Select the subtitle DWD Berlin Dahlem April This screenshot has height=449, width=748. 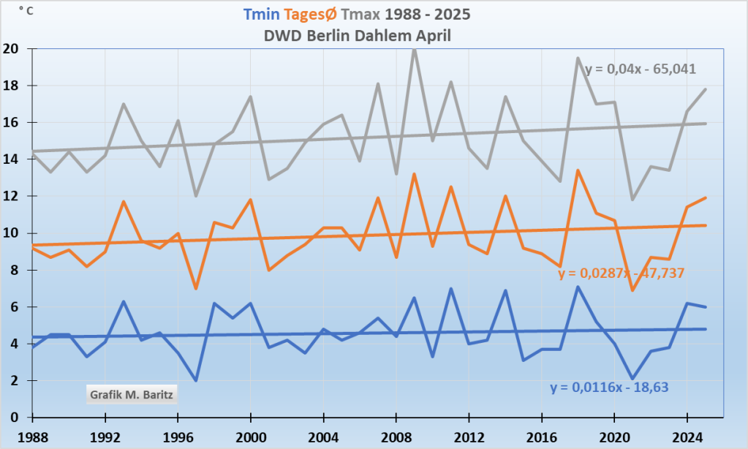click(358, 35)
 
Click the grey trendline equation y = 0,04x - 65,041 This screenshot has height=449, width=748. click(640, 69)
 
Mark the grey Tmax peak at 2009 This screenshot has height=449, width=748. click(414, 49)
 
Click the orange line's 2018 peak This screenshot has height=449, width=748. click(578, 170)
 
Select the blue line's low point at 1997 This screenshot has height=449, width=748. click(196, 380)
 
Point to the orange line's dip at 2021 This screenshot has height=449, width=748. click(632, 290)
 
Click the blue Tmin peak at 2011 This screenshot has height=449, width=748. click(450, 288)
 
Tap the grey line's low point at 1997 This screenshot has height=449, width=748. click(196, 196)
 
